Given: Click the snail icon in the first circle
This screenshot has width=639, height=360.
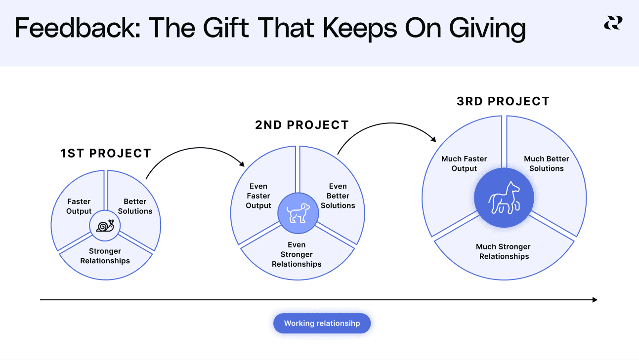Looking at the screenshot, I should point(105,226).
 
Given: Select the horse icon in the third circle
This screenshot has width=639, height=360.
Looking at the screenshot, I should point(504,198).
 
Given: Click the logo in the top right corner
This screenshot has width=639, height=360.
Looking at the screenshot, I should point(613,23).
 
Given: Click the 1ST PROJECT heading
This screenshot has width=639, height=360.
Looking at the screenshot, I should point(106,154).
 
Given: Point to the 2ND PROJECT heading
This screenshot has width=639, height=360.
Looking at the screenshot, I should point(302,125).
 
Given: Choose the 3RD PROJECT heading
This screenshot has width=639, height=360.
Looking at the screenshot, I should point(503,102).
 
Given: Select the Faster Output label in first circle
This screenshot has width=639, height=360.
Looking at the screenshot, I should point(79,206).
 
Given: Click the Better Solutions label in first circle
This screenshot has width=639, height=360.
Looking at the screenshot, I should point(135,206).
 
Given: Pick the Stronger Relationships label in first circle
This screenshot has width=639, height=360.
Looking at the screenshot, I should point(105,256).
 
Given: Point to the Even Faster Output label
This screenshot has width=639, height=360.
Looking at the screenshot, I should point(258,196).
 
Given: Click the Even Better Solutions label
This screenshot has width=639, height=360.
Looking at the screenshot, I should point(338,196).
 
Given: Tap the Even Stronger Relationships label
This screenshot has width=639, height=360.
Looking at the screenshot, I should point(297,254).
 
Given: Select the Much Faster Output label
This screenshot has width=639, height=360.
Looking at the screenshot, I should point(464,163).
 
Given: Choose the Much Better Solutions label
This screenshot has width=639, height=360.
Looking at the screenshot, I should point(547,163).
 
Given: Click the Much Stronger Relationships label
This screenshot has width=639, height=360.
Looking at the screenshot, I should point(504,251).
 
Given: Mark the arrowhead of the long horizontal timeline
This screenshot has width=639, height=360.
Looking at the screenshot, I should point(595,300).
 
